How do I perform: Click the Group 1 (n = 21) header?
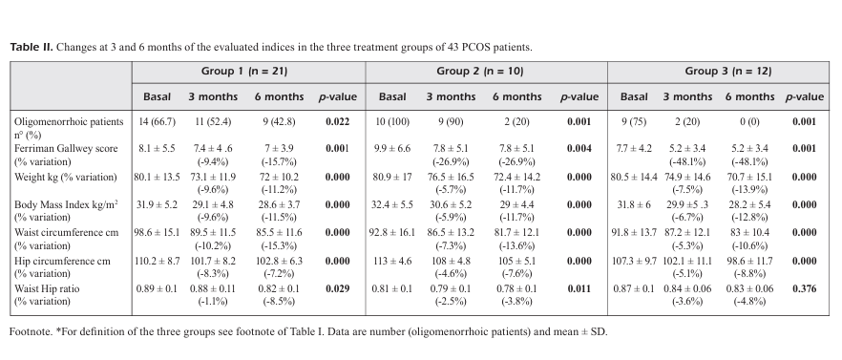[x=244, y=71]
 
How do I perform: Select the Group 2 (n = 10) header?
[x=479, y=71]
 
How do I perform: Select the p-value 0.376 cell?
[x=804, y=288]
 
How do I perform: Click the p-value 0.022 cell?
[x=337, y=121]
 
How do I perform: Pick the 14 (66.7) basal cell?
[x=157, y=121]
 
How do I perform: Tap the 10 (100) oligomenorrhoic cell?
[x=392, y=121]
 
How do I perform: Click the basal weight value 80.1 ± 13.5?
[x=157, y=177]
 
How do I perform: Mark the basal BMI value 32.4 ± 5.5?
[x=392, y=204]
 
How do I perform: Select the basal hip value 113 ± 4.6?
[x=392, y=261]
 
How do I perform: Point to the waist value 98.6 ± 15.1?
[x=157, y=233]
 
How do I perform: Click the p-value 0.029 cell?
[x=337, y=288]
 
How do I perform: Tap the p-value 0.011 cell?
[x=579, y=288]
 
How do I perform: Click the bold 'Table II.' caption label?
[x=32, y=47]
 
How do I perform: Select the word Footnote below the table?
[x=31, y=331]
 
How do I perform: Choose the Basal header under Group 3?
[x=634, y=96]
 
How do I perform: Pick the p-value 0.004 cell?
[x=579, y=148]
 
